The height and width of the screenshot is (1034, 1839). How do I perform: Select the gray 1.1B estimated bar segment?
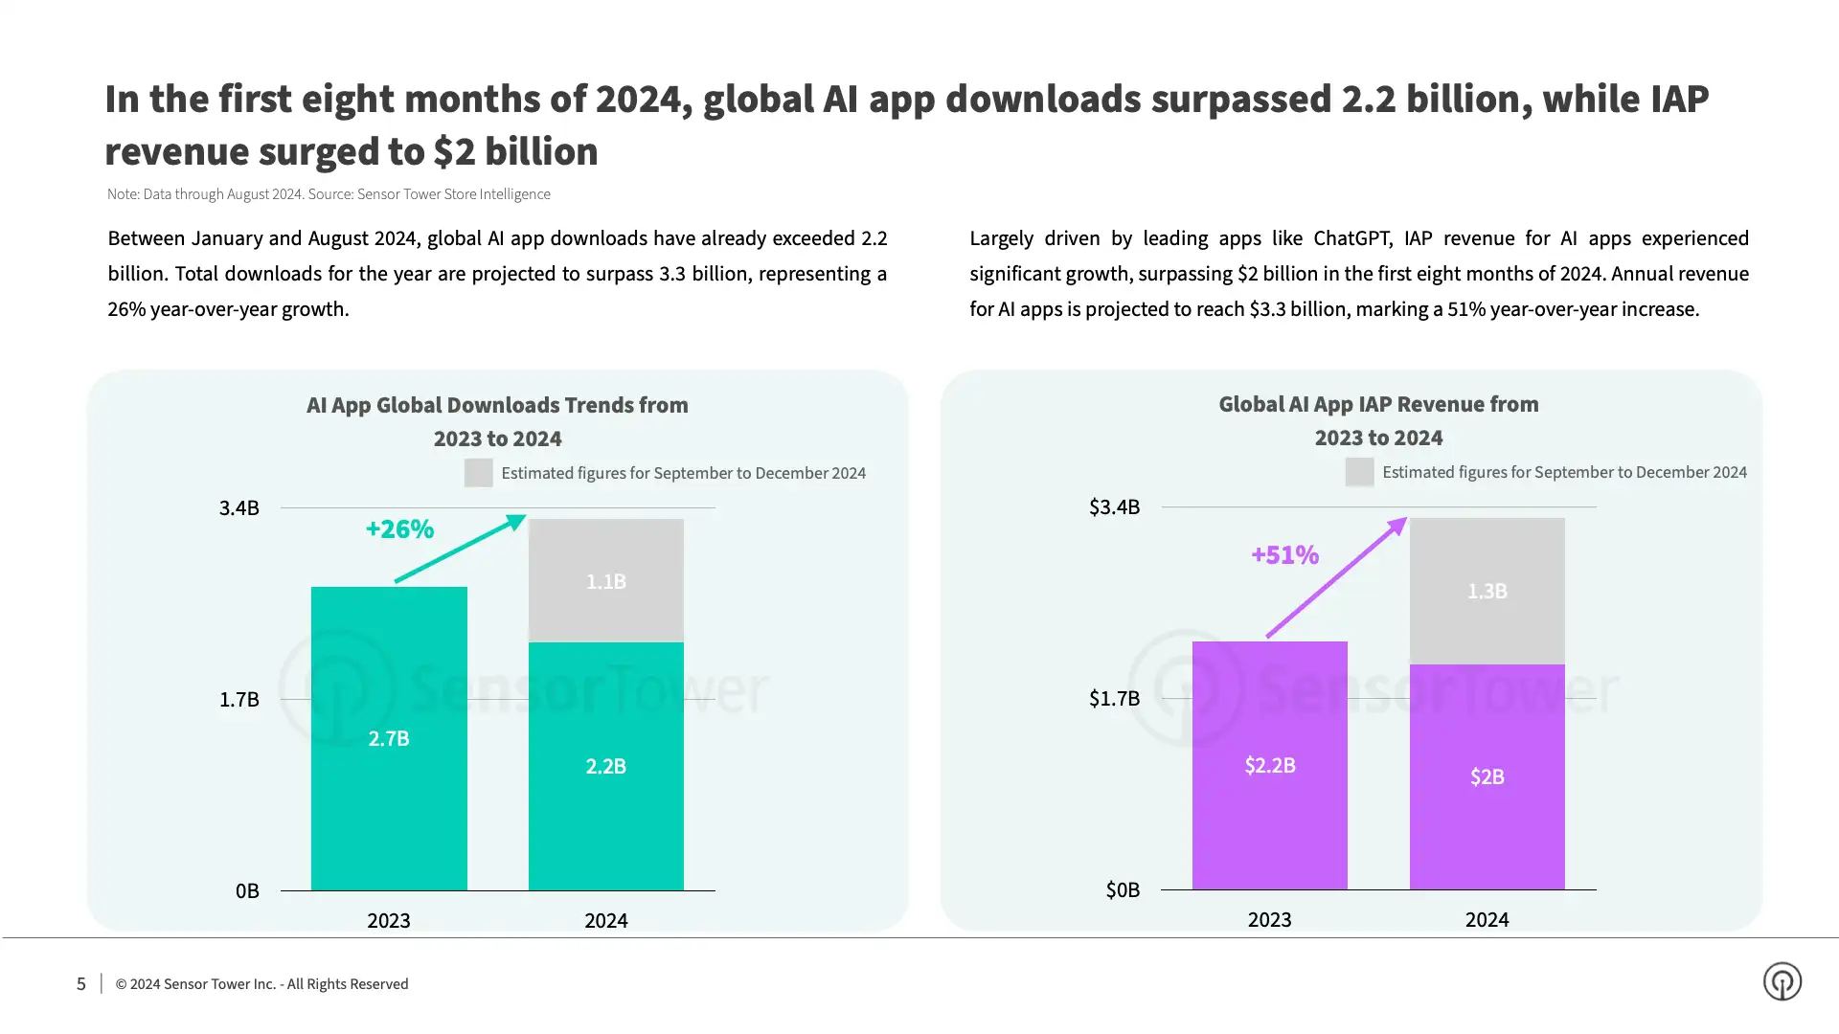(606, 581)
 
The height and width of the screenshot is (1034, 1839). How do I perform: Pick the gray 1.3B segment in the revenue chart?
(1487, 591)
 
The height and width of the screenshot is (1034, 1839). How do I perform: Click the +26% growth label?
(399, 528)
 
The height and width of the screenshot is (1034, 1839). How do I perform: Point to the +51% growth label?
(1284, 554)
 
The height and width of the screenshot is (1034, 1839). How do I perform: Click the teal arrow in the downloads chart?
(461, 548)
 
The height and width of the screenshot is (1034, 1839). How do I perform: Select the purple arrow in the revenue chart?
(1337, 577)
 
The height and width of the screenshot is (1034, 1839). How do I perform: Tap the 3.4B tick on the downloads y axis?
(238, 507)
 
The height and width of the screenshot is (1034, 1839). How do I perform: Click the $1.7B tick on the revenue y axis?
(1114, 698)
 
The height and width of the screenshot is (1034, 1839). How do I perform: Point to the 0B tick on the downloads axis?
(247, 890)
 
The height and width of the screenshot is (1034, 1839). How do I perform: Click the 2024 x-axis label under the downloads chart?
(605, 920)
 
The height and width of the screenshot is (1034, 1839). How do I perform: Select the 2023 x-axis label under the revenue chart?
(1269, 919)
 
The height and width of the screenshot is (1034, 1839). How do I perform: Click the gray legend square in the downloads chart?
(478, 473)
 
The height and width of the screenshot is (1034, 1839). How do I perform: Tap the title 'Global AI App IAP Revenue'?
(1377, 404)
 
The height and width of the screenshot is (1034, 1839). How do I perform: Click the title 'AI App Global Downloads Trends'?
(497, 405)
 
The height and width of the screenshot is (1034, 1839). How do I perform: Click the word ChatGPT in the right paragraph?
(1351, 237)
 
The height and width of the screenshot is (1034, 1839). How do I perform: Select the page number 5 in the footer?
(81, 983)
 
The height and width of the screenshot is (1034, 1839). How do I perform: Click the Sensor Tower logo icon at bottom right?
(1782, 981)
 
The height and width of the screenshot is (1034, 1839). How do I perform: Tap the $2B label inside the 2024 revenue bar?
(1487, 776)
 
